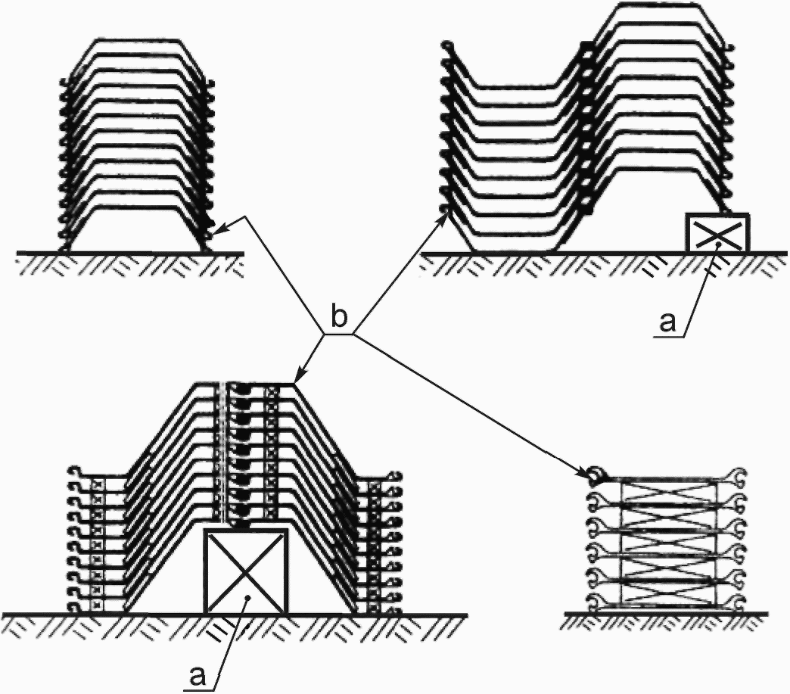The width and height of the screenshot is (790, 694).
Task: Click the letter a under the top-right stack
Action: tap(667, 322)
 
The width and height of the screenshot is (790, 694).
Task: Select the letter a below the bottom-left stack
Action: tap(198, 677)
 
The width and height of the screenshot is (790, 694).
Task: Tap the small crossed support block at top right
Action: tap(717, 232)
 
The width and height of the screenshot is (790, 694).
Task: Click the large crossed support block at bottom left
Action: tap(245, 571)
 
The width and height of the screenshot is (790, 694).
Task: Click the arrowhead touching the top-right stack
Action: tap(445, 218)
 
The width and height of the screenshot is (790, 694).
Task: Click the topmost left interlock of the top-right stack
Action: tap(447, 47)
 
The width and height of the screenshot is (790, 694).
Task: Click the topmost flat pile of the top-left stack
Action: tap(137, 40)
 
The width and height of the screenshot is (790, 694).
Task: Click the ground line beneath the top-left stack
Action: tap(130, 252)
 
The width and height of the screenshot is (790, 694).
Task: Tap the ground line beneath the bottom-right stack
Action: tap(666, 613)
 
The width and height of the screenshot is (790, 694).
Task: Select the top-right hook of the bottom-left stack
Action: tap(396, 475)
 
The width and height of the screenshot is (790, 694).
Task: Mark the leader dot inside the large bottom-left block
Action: tap(247, 598)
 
